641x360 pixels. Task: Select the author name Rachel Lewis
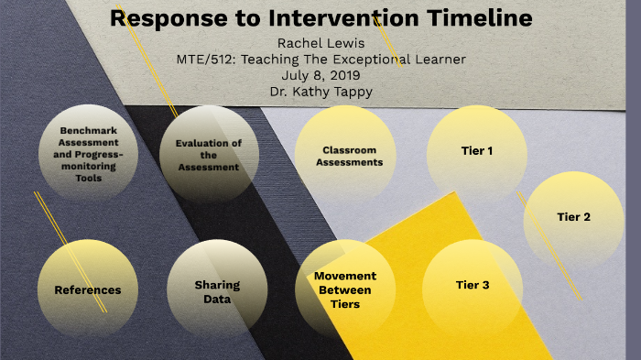[320, 43]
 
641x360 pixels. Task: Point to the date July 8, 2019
[320, 76]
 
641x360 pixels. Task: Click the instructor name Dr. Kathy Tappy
[320, 92]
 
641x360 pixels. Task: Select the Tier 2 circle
[573, 217]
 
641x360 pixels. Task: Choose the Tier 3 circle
[473, 285]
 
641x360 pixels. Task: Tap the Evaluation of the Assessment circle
[208, 155]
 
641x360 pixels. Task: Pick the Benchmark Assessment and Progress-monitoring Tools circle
[88, 155]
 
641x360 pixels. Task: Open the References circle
[88, 289]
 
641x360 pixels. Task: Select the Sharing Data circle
[217, 290]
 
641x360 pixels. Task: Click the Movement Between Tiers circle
[344, 289]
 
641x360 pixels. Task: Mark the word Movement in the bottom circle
[344, 276]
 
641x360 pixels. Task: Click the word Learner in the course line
[443, 60]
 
